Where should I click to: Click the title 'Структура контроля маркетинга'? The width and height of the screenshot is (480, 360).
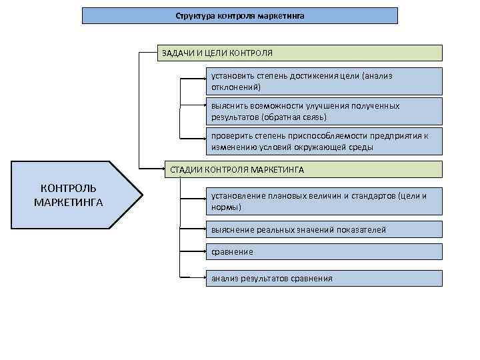(x=240, y=15)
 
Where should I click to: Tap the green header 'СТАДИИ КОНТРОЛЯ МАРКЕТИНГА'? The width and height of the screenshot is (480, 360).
(x=304, y=169)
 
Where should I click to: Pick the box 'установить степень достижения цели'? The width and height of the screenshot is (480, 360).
(x=323, y=81)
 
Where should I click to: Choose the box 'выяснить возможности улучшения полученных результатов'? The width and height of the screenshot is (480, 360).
(x=323, y=111)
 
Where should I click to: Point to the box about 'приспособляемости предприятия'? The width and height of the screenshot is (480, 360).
(x=323, y=141)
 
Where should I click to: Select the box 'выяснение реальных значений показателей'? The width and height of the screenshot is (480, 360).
(x=323, y=229)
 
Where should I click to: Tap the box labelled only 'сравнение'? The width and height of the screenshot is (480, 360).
(x=323, y=252)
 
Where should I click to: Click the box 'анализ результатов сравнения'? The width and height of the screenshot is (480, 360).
(x=323, y=278)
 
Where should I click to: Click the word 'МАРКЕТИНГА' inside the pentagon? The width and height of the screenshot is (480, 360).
(x=68, y=202)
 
